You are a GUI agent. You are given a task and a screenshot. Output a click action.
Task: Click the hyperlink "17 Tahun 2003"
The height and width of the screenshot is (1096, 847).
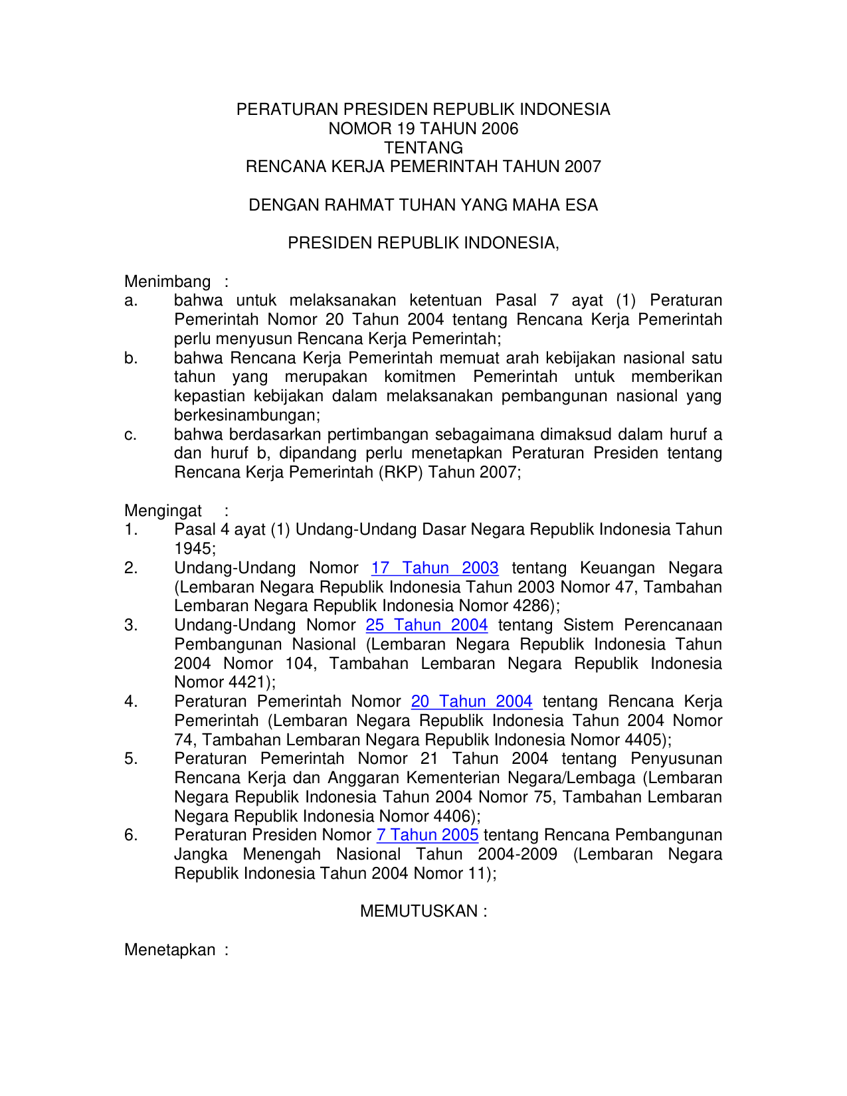click(434, 568)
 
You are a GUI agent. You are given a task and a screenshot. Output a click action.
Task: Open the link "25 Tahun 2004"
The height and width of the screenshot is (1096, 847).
click(426, 625)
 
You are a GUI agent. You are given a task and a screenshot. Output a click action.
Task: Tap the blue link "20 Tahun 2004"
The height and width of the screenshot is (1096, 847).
click(472, 701)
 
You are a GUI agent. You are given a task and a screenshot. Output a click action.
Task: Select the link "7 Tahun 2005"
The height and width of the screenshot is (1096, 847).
click(427, 835)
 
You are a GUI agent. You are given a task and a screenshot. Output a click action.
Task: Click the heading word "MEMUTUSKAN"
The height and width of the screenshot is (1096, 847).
click(419, 911)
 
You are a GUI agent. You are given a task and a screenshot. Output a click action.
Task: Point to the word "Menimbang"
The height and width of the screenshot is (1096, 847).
click(167, 282)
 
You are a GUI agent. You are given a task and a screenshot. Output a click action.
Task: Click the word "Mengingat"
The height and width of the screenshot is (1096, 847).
click(163, 511)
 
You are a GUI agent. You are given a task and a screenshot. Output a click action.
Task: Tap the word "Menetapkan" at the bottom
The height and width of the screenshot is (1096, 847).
click(169, 950)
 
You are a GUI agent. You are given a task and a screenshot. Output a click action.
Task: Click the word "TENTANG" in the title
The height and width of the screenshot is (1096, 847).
click(423, 147)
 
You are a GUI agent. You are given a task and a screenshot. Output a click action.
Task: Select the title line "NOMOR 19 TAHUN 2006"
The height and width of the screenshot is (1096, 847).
click(423, 129)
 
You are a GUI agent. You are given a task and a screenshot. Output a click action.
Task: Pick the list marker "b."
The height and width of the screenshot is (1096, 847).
click(131, 359)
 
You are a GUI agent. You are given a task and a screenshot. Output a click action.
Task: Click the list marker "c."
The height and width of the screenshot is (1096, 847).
click(131, 435)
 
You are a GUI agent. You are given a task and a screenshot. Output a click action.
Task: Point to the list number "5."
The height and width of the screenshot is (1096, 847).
click(131, 759)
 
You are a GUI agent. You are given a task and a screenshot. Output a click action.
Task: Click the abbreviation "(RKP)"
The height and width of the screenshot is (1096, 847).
click(401, 473)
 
